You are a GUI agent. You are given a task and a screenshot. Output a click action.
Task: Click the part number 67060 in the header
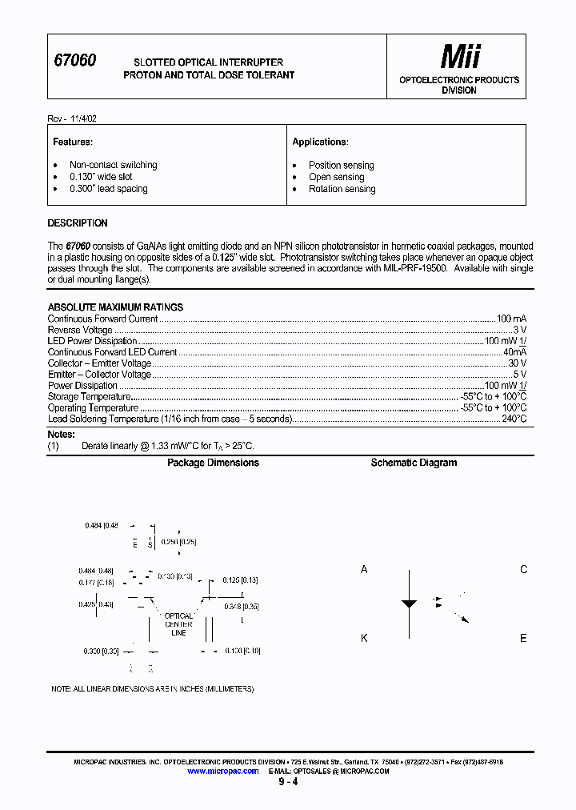tap(74, 61)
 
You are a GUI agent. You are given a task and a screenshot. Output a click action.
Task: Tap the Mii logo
tap(461, 57)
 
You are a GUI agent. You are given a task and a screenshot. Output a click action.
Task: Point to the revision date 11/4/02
tap(82, 118)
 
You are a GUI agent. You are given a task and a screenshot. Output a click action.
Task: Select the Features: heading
tap(73, 142)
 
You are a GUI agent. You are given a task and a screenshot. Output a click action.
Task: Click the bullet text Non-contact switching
tap(113, 165)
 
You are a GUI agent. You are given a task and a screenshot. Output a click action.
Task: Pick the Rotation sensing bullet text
tap(342, 189)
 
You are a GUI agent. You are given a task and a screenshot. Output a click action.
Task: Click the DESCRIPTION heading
tap(78, 223)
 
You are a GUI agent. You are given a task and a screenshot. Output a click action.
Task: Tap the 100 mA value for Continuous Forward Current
tap(511, 319)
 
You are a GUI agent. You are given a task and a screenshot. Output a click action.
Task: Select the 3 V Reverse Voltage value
tap(519, 330)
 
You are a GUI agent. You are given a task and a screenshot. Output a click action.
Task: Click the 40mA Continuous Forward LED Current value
tap(514, 352)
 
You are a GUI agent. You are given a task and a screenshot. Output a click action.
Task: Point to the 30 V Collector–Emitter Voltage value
tap(517, 363)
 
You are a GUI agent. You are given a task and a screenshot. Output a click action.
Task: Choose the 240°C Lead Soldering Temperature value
tap(514, 419)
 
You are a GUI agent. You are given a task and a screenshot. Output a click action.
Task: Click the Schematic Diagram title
tap(414, 463)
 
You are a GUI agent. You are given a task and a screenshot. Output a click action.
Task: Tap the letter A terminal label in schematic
tap(364, 570)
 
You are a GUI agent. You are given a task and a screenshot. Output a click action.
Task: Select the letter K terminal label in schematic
tap(364, 638)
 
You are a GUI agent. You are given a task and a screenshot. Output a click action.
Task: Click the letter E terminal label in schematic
tap(523, 638)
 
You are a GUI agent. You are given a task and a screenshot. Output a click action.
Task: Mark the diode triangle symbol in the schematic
tap(409, 604)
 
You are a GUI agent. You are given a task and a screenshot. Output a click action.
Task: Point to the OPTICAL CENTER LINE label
tap(178, 624)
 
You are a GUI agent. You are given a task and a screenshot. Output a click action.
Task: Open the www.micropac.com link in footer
tap(222, 771)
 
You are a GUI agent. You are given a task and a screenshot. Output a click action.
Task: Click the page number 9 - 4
tap(288, 782)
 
